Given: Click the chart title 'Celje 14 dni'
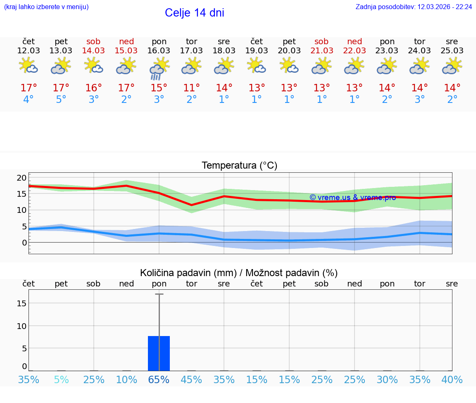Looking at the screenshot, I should (x=194, y=13).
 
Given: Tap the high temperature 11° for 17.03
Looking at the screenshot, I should (x=191, y=88).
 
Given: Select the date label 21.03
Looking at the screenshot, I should (x=321, y=50).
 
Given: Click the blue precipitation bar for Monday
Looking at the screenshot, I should (x=159, y=353).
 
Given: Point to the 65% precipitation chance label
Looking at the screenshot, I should (x=159, y=379).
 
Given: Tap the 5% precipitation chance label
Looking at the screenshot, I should (x=61, y=379).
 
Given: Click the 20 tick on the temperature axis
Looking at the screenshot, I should (x=21, y=178).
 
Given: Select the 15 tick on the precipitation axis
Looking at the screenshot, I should (x=21, y=303).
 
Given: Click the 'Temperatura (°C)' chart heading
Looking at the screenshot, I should (x=239, y=166).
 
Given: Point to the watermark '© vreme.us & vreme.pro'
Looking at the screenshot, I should (x=352, y=198).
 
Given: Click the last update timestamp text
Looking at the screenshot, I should (x=414, y=7).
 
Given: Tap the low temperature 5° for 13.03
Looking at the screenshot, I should (x=61, y=100).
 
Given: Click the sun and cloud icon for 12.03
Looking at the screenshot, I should (x=29, y=66).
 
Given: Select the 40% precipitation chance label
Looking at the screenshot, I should (x=452, y=379).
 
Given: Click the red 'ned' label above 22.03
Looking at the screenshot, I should (x=354, y=41).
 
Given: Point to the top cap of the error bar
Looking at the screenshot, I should (x=159, y=294).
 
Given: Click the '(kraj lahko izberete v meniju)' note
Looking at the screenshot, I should (x=46, y=7).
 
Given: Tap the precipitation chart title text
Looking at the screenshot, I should (x=239, y=273).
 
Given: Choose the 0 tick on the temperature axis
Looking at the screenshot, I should (x=24, y=243).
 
